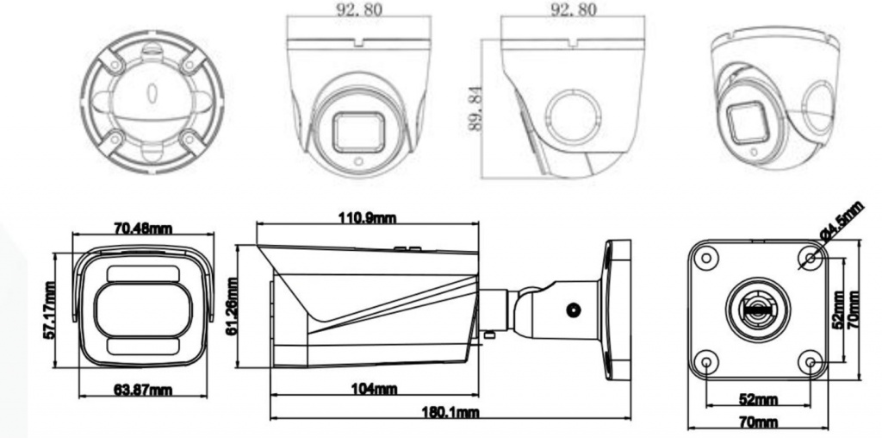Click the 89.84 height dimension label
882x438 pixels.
pyautogui.click(x=475, y=109)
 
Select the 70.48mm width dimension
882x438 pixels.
pyautogui.click(x=144, y=228)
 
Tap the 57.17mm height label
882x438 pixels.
pyautogui.click(x=49, y=310)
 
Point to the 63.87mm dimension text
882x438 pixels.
pyautogui.click(x=144, y=389)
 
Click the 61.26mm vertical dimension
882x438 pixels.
pyautogui.click(x=231, y=307)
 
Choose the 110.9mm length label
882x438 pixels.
pyautogui.click(x=367, y=218)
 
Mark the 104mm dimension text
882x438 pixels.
pyautogui.click(x=374, y=389)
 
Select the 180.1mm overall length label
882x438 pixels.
pyautogui.click(x=450, y=412)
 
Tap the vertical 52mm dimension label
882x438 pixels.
pyautogui.click(x=837, y=309)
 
